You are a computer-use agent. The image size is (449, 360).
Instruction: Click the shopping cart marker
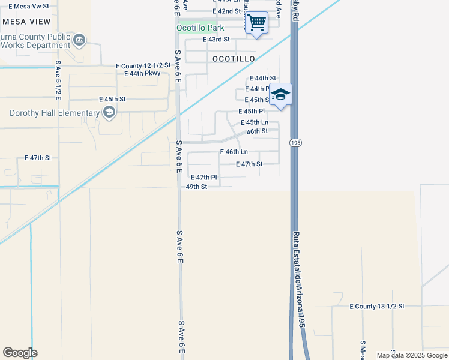pos(257,23)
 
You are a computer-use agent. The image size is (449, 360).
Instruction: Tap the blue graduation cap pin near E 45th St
pos(280,95)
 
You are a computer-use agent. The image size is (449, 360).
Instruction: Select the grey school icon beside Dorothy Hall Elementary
pos(109,112)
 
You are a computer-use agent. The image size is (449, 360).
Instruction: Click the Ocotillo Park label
pos(200,28)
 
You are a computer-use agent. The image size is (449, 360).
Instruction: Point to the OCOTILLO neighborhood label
pos(234,59)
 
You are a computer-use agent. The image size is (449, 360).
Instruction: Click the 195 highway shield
pos(297,143)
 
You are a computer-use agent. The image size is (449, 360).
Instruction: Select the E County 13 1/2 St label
pos(377,306)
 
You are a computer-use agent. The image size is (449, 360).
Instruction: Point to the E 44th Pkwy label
pos(142,73)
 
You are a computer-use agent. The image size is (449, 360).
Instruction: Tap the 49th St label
pos(196,187)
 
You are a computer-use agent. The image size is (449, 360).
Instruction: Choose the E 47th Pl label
pos(203,178)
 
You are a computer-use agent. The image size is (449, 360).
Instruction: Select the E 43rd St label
pos(217,39)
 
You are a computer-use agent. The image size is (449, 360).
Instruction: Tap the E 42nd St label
pos(227,11)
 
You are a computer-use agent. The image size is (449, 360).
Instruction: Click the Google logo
pos(20,353)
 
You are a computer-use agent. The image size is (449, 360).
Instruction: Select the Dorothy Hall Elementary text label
pos(54,113)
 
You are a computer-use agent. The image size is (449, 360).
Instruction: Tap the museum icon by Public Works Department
pos(79,40)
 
